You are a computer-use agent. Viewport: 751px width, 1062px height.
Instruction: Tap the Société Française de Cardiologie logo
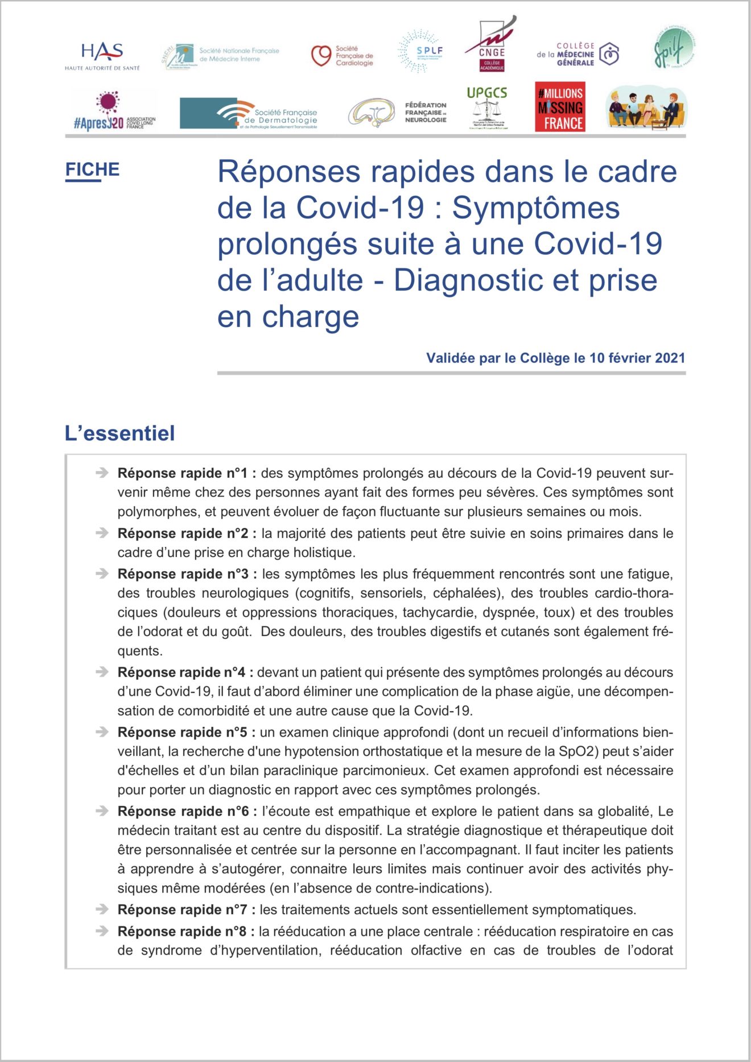(342, 56)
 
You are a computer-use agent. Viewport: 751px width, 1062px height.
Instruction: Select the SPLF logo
(421, 51)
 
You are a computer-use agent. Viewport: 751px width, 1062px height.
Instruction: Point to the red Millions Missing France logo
(560, 107)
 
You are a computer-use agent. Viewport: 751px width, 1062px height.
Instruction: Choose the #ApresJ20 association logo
(114, 111)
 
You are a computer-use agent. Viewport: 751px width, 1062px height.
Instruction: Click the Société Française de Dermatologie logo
(249, 113)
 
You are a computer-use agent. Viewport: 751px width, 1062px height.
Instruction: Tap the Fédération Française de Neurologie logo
(398, 113)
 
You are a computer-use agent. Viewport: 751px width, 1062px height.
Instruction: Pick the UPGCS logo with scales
(486, 108)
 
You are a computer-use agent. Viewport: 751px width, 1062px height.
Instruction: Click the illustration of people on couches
(646, 107)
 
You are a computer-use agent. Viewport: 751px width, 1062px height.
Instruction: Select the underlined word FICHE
(92, 170)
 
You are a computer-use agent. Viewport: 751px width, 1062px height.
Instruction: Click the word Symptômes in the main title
(535, 208)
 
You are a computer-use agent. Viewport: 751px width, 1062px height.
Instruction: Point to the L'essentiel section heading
(119, 433)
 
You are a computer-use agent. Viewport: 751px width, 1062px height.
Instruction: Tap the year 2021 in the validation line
(670, 358)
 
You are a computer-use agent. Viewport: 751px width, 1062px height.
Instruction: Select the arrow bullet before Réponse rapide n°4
(102, 672)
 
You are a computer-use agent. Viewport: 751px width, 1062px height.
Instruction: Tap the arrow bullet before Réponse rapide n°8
(102, 931)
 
